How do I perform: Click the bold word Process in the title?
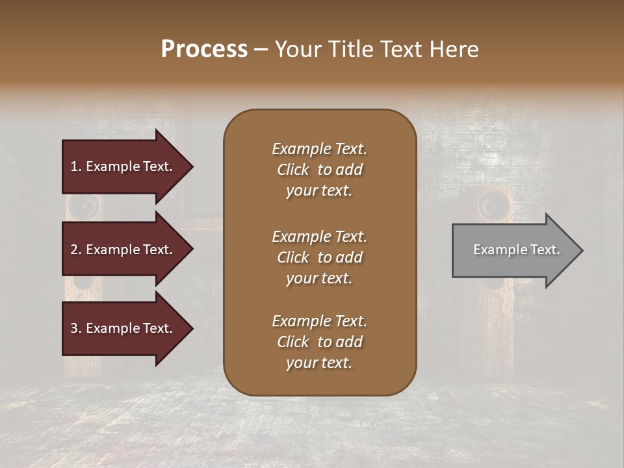[x=204, y=49]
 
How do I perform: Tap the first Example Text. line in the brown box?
[x=319, y=149]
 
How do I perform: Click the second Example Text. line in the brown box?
[x=319, y=237]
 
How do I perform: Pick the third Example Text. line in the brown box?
[x=319, y=321]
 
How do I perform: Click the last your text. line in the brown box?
[x=319, y=363]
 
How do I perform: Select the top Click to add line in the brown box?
[x=319, y=170]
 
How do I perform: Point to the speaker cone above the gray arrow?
[x=492, y=206]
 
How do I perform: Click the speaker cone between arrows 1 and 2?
[x=84, y=207]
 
